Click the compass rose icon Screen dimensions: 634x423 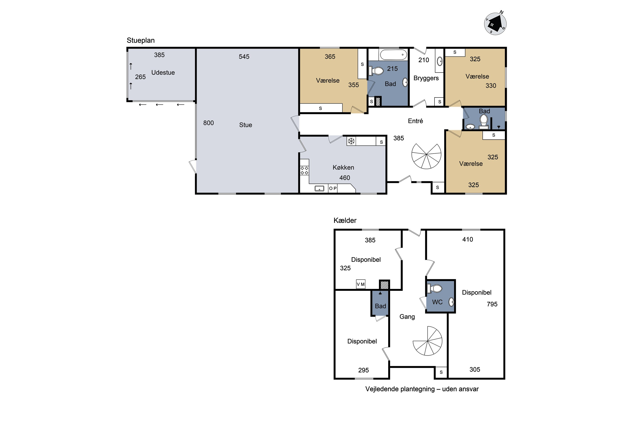click(x=495, y=24)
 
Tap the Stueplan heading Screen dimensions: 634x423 click(x=141, y=40)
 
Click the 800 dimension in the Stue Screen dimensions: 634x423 click(x=208, y=123)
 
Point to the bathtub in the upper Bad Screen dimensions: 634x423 click(x=393, y=55)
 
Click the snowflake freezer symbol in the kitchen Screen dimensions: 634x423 click(x=351, y=141)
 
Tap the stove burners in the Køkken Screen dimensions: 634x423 click(x=304, y=170)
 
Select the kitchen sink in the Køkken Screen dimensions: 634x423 click(x=319, y=188)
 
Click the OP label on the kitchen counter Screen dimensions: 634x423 click(x=333, y=188)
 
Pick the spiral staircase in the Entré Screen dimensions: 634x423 click(x=426, y=156)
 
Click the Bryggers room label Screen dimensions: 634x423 click(x=426, y=78)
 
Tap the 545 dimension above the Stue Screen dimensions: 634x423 click(x=244, y=57)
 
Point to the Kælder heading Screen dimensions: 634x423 click(x=345, y=220)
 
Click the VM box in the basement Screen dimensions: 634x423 click(x=361, y=284)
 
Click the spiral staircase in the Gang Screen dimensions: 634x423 click(x=428, y=341)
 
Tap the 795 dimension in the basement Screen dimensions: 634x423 click(x=492, y=304)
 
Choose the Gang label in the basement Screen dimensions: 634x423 click(x=407, y=317)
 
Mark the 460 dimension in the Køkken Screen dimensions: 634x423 click(x=344, y=178)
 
